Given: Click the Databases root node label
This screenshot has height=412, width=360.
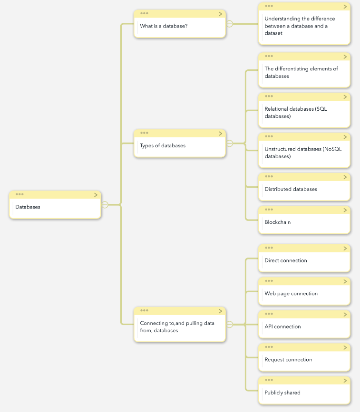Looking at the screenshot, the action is (28, 207).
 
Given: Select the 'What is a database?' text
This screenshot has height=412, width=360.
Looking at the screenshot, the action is (164, 26).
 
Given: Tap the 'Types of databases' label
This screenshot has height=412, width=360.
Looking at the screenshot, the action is (163, 145).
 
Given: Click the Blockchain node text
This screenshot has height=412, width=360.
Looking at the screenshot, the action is (277, 222).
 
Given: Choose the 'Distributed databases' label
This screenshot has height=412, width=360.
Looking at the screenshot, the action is (291, 189).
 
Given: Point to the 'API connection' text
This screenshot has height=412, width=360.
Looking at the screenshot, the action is (282, 326).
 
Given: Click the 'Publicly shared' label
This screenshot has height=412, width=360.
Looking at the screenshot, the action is (282, 393).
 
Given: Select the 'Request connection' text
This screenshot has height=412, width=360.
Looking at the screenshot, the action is (288, 360).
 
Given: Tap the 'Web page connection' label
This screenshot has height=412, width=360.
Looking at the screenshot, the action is (291, 294).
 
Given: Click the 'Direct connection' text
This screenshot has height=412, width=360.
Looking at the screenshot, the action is (286, 261).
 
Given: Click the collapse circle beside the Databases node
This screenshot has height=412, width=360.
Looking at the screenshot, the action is (105, 205).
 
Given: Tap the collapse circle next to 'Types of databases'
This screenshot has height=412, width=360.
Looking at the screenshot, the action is (230, 143).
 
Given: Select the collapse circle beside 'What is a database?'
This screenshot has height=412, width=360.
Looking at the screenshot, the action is (230, 24).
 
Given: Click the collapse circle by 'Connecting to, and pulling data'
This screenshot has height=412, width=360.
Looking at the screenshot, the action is (230, 325).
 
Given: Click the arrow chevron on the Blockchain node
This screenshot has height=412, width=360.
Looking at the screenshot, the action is (345, 210).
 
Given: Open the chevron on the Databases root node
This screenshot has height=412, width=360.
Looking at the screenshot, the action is (96, 195).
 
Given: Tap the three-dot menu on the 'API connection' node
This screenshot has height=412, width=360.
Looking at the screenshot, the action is (269, 314).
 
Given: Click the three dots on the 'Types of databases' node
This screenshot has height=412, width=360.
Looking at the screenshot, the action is (144, 133).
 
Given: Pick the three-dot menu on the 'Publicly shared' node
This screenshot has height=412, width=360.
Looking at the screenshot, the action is (269, 380).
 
